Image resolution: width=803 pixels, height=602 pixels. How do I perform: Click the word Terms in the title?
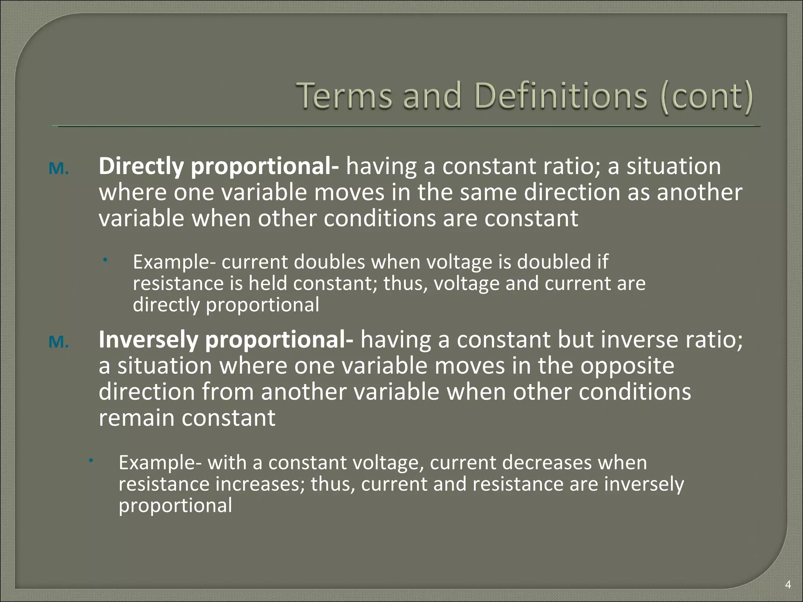(344, 96)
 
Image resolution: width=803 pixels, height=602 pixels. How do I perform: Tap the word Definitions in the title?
(560, 96)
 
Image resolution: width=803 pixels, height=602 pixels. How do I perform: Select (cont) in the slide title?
(706, 96)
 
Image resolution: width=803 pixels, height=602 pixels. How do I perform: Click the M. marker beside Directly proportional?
(58, 169)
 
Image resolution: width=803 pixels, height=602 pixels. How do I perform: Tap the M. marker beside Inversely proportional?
(58, 342)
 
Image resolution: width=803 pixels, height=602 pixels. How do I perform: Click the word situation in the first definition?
(673, 167)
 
